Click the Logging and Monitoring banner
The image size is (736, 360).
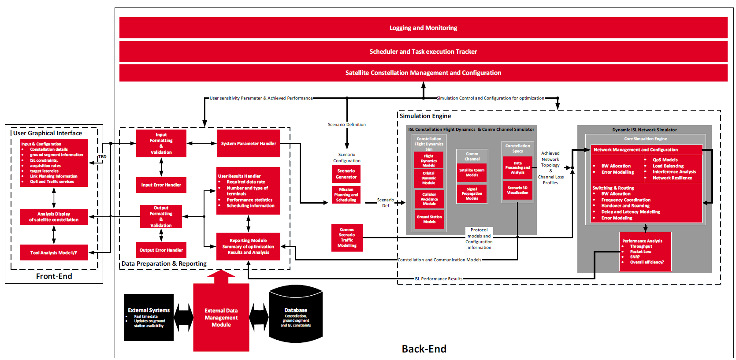pos(423,28)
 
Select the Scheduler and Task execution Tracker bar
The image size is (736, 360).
pos(423,52)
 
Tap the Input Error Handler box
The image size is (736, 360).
pos(161,185)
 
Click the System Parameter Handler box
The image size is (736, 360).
pos(249,144)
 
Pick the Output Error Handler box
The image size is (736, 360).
pos(161,250)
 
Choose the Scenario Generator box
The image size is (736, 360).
pos(346,174)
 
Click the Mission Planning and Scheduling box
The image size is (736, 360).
pos(346,195)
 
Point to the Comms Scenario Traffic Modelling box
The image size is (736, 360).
pos(347,238)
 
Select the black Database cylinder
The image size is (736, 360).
pos(296,315)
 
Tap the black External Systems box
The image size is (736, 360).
pos(149,317)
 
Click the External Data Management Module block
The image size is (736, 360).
pos(221,317)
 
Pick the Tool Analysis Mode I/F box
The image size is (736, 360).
pos(54,253)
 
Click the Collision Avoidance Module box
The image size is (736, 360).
pos(429,199)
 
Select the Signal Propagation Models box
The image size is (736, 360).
pos(472,193)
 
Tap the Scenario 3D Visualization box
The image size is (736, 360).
pos(517,190)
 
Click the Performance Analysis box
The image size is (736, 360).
pos(647,252)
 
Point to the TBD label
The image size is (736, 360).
pos(102,157)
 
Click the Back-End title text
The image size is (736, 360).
pos(424,349)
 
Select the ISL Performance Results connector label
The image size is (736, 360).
pos(438,279)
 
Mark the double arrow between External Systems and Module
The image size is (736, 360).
pos(183,317)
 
